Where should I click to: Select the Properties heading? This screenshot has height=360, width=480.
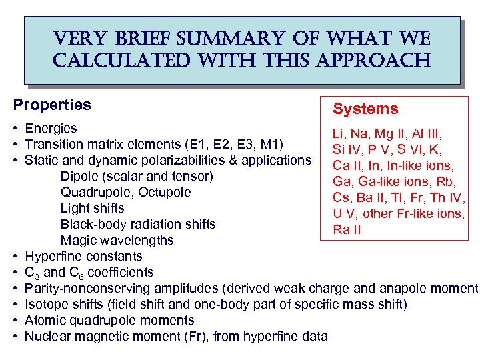[52, 105]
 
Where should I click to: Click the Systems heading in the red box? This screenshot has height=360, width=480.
[365, 109]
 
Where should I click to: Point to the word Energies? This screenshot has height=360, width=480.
[51, 128]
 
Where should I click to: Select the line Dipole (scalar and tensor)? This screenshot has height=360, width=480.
[137, 176]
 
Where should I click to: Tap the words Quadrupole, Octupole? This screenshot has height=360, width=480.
[125, 192]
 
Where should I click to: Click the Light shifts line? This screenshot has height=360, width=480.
[92, 208]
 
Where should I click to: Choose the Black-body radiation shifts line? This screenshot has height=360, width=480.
[138, 224]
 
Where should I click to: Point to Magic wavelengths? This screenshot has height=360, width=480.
[117, 240]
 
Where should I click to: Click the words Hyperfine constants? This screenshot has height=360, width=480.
[83, 256]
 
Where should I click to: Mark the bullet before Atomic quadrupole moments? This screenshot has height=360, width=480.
[15, 320]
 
